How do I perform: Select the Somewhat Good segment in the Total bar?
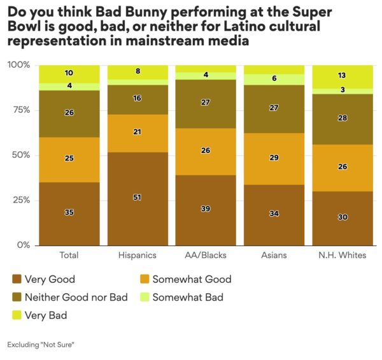(69, 159)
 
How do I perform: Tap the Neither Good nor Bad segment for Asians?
(274, 109)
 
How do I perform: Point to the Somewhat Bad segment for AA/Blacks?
(205, 76)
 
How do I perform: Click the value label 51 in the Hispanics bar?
(137, 198)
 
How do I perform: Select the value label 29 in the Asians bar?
(274, 157)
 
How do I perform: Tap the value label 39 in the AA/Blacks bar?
(205, 208)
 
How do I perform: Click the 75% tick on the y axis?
(21, 110)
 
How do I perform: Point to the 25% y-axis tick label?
(21, 200)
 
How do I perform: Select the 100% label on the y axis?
(19, 65)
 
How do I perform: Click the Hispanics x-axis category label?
(137, 256)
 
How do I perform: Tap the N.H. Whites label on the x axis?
(342, 256)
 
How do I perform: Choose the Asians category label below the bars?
(274, 256)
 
